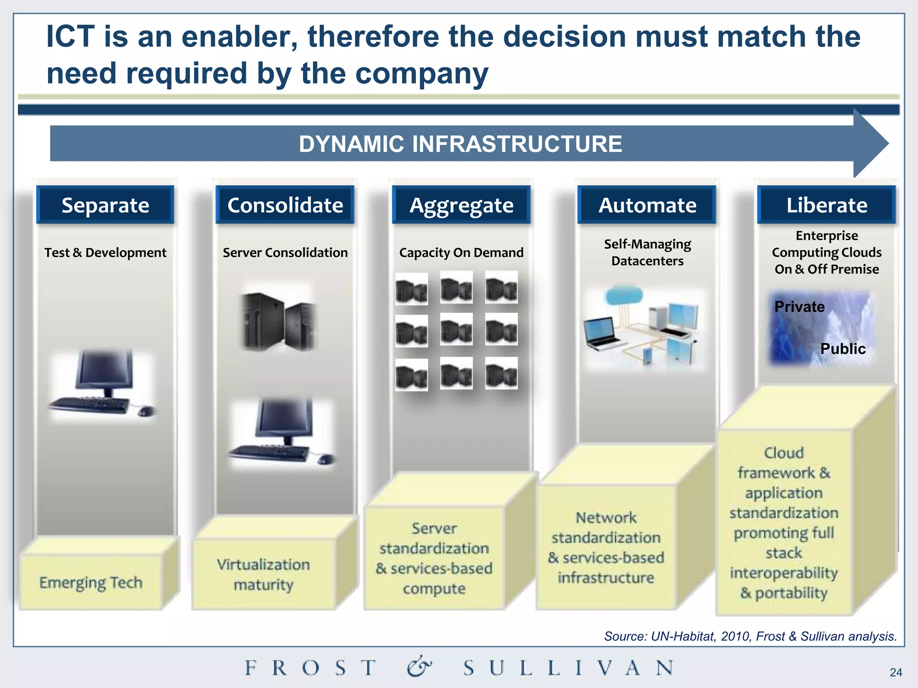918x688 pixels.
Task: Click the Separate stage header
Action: click(105, 205)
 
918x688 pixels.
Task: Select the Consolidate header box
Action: click(285, 205)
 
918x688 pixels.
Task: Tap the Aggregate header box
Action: click(461, 205)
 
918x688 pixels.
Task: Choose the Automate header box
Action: click(647, 205)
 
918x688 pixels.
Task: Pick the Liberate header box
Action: click(827, 205)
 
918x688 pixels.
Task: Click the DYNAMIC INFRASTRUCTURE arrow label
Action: click(460, 144)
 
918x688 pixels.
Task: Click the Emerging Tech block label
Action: click(91, 582)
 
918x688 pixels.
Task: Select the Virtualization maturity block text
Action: click(264, 574)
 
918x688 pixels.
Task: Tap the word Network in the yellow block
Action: click(606, 517)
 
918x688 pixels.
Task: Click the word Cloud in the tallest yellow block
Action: click(784, 452)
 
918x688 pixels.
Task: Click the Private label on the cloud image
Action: click(799, 306)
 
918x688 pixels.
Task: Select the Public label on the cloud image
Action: click(843, 348)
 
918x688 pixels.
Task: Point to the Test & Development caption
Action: click(105, 253)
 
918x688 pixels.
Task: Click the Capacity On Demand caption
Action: click(461, 253)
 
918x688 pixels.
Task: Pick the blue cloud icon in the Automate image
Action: click(623, 296)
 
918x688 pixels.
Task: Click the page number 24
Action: click(896, 672)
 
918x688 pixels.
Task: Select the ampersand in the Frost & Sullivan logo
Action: click(419, 667)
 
